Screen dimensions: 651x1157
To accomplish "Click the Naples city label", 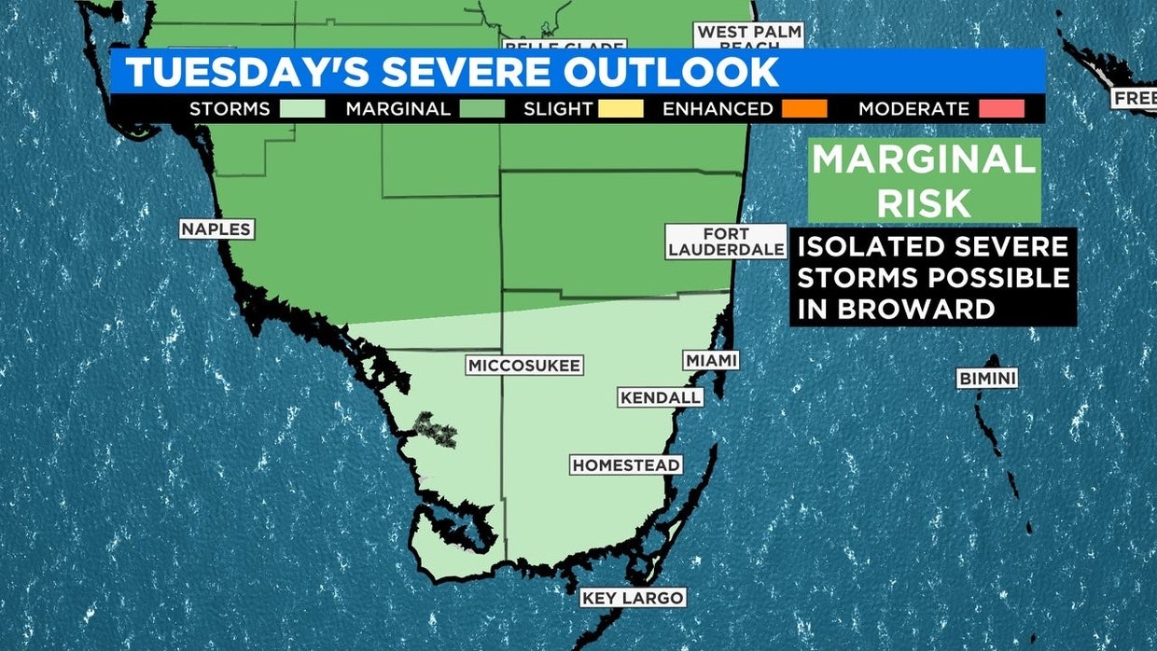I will tap(216, 229).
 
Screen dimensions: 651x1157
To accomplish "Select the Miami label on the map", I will tap(711, 360).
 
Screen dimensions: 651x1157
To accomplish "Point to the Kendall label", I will tap(661, 397).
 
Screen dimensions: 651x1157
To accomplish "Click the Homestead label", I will tap(626, 464).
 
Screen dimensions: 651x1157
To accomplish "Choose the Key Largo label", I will tap(633, 598).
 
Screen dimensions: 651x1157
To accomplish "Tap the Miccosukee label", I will tap(524, 365).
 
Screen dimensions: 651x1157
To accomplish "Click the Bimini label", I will tap(987, 379).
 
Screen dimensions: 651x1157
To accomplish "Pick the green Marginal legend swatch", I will tap(482, 108).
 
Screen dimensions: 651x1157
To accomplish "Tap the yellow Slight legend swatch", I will tap(621, 108).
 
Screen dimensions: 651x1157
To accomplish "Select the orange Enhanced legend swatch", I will tap(804, 108).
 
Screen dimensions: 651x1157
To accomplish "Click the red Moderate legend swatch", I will tap(1002, 108).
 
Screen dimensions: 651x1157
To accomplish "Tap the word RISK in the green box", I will tap(924, 201).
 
